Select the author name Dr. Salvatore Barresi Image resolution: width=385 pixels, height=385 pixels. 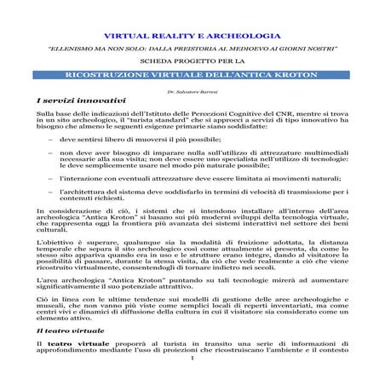pos(192,89)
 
